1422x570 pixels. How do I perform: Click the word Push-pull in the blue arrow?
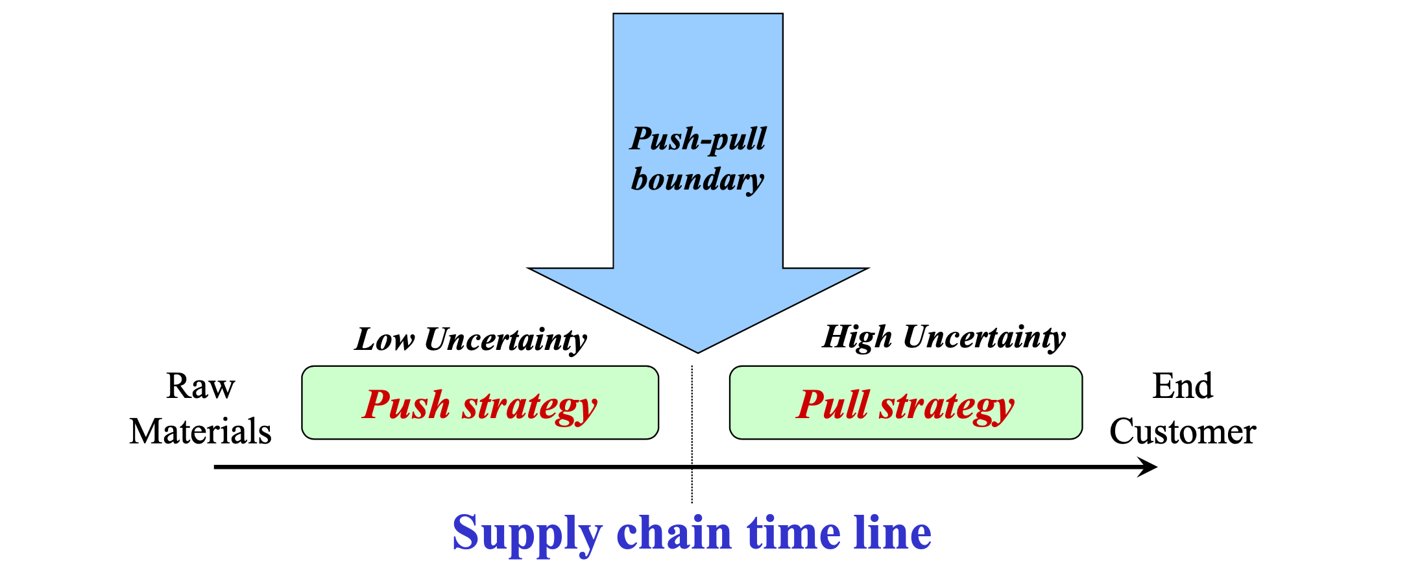coord(698,140)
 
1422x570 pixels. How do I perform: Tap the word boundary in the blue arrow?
coord(697,180)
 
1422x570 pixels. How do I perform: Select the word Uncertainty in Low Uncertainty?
coord(505,340)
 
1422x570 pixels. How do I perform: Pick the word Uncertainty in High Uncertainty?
coord(984,338)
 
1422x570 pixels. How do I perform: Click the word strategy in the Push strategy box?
coord(529,407)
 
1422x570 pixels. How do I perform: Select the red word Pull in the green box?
coord(832,404)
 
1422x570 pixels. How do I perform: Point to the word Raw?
coord(200,386)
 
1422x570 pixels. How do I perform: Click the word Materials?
coord(200,432)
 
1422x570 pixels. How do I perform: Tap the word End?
coord(1182,386)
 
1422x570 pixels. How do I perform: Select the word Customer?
coord(1182,432)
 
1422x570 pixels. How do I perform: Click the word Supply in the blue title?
coord(527,534)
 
